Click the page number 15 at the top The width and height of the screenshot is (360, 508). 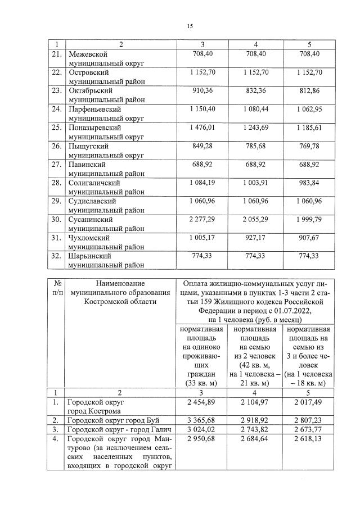(190, 26)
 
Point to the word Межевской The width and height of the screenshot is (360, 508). (88, 54)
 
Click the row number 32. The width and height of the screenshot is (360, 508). (56, 256)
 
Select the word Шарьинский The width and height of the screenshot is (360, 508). (90, 256)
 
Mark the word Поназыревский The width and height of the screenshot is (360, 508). (94, 128)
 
